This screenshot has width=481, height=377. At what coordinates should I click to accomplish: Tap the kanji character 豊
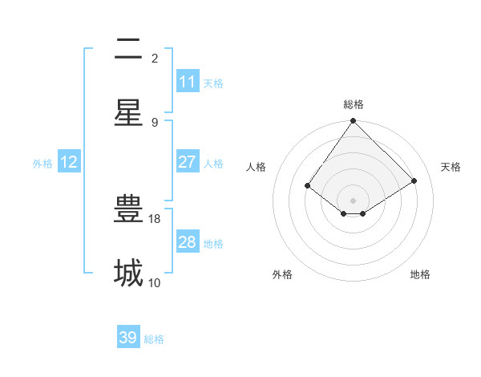tap(128, 209)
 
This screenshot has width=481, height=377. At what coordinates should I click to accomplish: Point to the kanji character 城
tap(128, 273)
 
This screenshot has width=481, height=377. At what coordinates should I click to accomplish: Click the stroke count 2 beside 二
tap(155, 58)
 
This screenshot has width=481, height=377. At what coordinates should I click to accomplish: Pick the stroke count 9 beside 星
tap(155, 122)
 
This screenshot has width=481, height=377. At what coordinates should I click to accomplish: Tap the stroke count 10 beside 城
tap(155, 282)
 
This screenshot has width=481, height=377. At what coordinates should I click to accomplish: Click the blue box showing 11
tap(187, 82)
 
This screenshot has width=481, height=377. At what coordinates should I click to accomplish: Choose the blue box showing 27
tap(187, 162)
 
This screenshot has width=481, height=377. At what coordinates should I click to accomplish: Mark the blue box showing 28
tap(187, 242)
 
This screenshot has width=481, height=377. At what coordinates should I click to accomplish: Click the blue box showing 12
tap(69, 162)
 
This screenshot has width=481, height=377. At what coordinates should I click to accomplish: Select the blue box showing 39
tap(128, 338)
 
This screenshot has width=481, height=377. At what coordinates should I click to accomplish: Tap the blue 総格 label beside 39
tap(154, 339)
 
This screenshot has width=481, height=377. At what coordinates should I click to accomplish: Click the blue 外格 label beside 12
tap(42, 164)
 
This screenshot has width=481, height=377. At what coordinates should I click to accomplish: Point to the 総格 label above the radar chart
tap(354, 104)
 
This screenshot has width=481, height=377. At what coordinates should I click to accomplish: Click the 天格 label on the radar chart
tap(451, 167)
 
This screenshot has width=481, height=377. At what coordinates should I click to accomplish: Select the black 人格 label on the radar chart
tap(257, 167)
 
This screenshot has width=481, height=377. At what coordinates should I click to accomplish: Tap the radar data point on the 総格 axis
tap(354, 122)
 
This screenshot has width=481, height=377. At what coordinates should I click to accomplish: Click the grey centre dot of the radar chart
tap(354, 200)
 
